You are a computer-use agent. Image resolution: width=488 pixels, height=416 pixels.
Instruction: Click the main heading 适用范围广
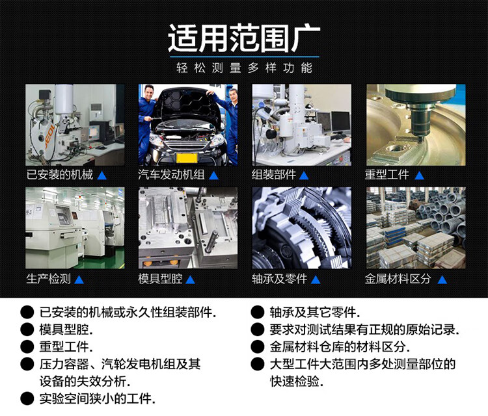(x=244, y=38)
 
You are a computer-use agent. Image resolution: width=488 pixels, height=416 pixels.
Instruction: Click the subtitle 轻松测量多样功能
(x=244, y=68)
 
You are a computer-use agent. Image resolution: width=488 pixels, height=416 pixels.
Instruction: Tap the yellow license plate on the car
(x=187, y=158)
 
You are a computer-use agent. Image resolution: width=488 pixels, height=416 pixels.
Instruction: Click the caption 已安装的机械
(x=60, y=174)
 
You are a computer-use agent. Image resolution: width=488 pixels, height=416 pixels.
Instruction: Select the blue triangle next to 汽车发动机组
(x=214, y=175)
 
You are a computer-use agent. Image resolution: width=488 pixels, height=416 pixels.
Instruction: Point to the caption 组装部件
(x=273, y=174)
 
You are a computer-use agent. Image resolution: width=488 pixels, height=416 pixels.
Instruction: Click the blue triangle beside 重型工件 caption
(x=420, y=175)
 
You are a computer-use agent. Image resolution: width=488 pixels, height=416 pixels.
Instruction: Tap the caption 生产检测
(x=49, y=279)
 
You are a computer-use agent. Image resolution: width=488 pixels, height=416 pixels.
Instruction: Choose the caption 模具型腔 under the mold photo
(x=160, y=279)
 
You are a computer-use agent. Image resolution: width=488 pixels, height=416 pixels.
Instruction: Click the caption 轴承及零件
(x=279, y=279)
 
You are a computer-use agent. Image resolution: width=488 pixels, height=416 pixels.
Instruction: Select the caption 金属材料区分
(x=398, y=279)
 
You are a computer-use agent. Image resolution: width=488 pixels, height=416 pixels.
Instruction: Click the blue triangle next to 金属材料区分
(x=442, y=279)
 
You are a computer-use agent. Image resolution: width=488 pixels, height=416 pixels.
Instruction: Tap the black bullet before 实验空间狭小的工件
(x=27, y=398)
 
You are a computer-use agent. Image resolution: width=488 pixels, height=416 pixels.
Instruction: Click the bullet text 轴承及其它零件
(x=315, y=312)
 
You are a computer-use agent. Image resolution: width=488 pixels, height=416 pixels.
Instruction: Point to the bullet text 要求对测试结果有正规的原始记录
(x=364, y=330)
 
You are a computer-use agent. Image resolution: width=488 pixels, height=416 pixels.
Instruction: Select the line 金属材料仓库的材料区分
(x=340, y=346)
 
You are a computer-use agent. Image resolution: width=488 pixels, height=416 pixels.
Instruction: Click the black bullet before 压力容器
(x=27, y=364)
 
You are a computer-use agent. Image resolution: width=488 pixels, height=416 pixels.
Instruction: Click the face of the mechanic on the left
(x=150, y=93)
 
